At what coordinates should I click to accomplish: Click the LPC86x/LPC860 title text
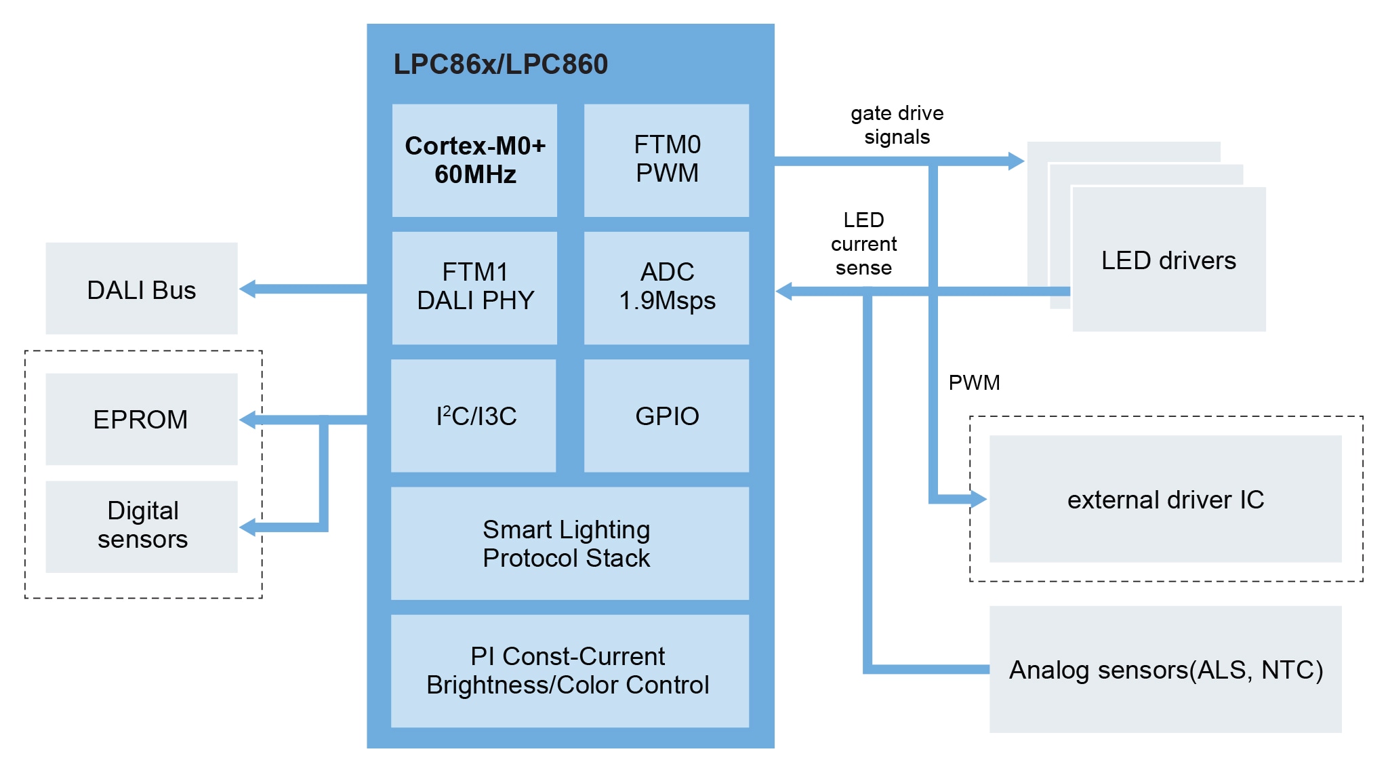(x=500, y=64)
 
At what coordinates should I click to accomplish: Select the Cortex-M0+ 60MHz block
(x=474, y=161)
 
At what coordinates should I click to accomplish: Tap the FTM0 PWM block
(x=666, y=161)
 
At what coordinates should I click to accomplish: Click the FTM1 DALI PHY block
(x=474, y=287)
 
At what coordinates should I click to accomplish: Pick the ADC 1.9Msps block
(x=666, y=287)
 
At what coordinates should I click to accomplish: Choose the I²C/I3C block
(x=474, y=416)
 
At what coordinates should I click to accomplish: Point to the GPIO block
(x=666, y=416)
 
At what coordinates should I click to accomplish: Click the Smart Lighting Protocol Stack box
(x=569, y=543)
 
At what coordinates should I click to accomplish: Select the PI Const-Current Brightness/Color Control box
(x=569, y=670)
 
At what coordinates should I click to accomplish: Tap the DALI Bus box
(x=142, y=289)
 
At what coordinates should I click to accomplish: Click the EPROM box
(x=142, y=419)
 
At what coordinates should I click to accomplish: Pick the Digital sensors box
(x=142, y=526)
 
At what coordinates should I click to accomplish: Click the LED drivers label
(x=1168, y=260)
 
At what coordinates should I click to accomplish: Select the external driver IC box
(x=1165, y=499)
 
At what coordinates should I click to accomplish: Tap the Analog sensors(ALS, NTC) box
(x=1165, y=669)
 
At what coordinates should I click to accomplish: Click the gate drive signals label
(x=897, y=125)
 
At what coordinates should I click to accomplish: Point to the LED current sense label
(x=863, y=243)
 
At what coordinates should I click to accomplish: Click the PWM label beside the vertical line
(x=974, y=382)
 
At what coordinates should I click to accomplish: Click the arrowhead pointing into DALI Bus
(x=248, y=289)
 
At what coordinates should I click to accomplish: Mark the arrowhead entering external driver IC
(x=979, y=499)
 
